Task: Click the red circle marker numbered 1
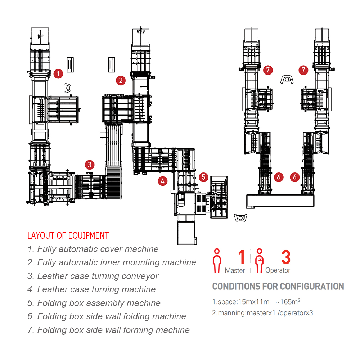point(58,74)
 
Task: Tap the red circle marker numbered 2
point(121,80)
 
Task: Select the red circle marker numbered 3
point(90,165)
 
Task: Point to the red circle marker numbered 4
point(163,181)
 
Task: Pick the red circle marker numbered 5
point(204,177)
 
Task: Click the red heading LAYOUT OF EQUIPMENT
point(68,236)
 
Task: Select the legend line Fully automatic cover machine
point(93,249)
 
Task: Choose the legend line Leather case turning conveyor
point(93,276)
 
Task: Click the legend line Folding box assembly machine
point(94,303)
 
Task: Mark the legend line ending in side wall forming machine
point(108,330)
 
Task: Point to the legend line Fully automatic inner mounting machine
point(112,262)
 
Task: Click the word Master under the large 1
point(235,270)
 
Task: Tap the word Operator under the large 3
point(278,270)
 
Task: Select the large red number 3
point(285,258)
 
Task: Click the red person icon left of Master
point(217,261)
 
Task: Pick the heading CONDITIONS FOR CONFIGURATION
point(278,287)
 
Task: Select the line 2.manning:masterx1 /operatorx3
point(262,313)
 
